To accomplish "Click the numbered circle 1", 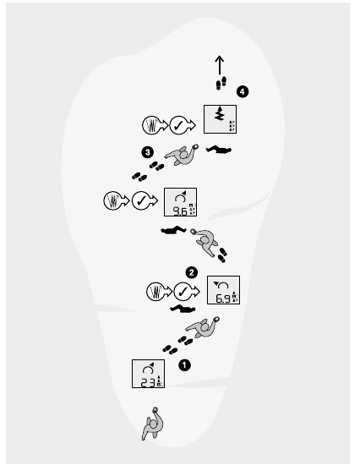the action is coord(184,365).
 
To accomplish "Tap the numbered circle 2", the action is coord(192,273).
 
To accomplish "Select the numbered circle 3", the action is coord(147,152).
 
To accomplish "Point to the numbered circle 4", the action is coord(243,91).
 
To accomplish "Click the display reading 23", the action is coord(149,374).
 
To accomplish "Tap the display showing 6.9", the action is coord(223,290).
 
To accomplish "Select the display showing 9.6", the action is coord(181,202).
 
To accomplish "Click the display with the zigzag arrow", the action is coord(220,119).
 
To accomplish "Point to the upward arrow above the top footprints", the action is coord(220,65).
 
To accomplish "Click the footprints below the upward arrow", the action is coord(221,83).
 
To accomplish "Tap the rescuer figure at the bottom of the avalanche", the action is coord(153,424).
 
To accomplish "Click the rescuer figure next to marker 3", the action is coord(182,155).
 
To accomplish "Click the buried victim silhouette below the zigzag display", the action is coord(219,149).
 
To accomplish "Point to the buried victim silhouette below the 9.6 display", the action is coord(173,230).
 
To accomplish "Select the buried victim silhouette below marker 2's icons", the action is coord(183,309).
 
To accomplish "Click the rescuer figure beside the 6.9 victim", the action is coord(203,327).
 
